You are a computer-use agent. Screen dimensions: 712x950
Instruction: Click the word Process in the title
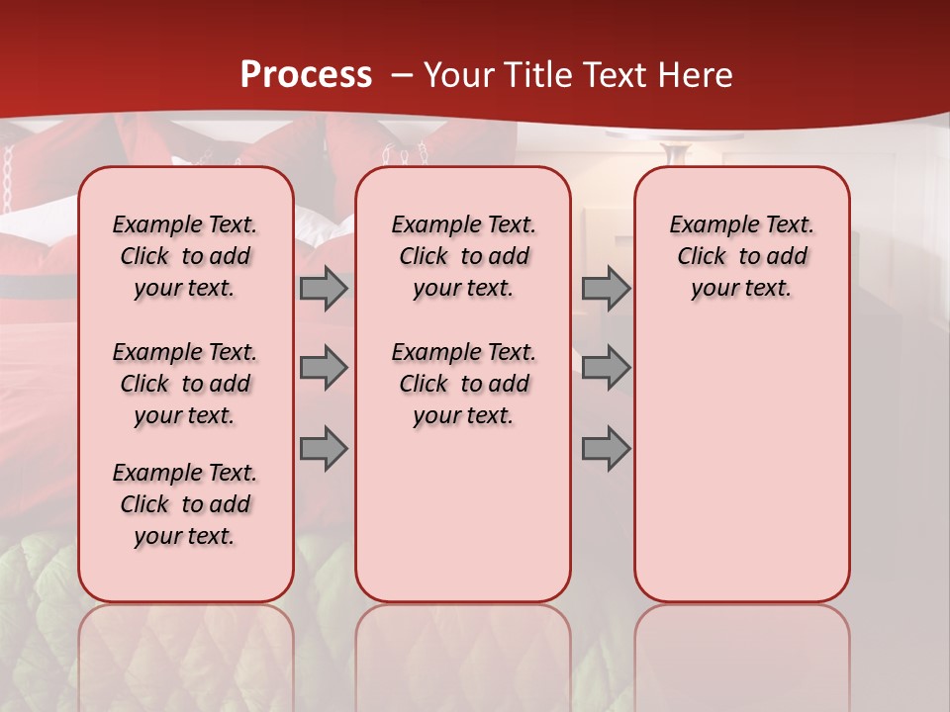(x=306, y=75)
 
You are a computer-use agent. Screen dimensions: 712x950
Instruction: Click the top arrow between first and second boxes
(x=324, y=289)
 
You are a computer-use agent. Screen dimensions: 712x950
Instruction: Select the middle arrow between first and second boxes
(x=324, y=368)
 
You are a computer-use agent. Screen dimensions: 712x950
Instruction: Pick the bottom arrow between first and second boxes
(x=324, y=449)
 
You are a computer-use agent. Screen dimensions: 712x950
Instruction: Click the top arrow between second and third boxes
(x=606, y=289)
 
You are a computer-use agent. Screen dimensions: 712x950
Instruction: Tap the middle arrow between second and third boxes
(x=606, y=368)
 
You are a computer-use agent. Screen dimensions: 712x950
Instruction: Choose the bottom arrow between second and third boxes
(x=606, y=449)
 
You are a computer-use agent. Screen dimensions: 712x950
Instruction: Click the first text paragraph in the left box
(x=185, y=256)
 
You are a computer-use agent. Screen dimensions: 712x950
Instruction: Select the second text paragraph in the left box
(x=185, y=384)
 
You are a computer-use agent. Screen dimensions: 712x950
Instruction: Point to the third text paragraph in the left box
(x=185, y=504)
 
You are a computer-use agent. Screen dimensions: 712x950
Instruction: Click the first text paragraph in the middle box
(x=463, y=256)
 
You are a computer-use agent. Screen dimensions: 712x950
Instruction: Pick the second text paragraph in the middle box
(x=463, y=384)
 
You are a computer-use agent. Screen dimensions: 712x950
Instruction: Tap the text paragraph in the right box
(x=741, y=256)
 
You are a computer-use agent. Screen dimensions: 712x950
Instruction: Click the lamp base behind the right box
(x=676, y=152)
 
